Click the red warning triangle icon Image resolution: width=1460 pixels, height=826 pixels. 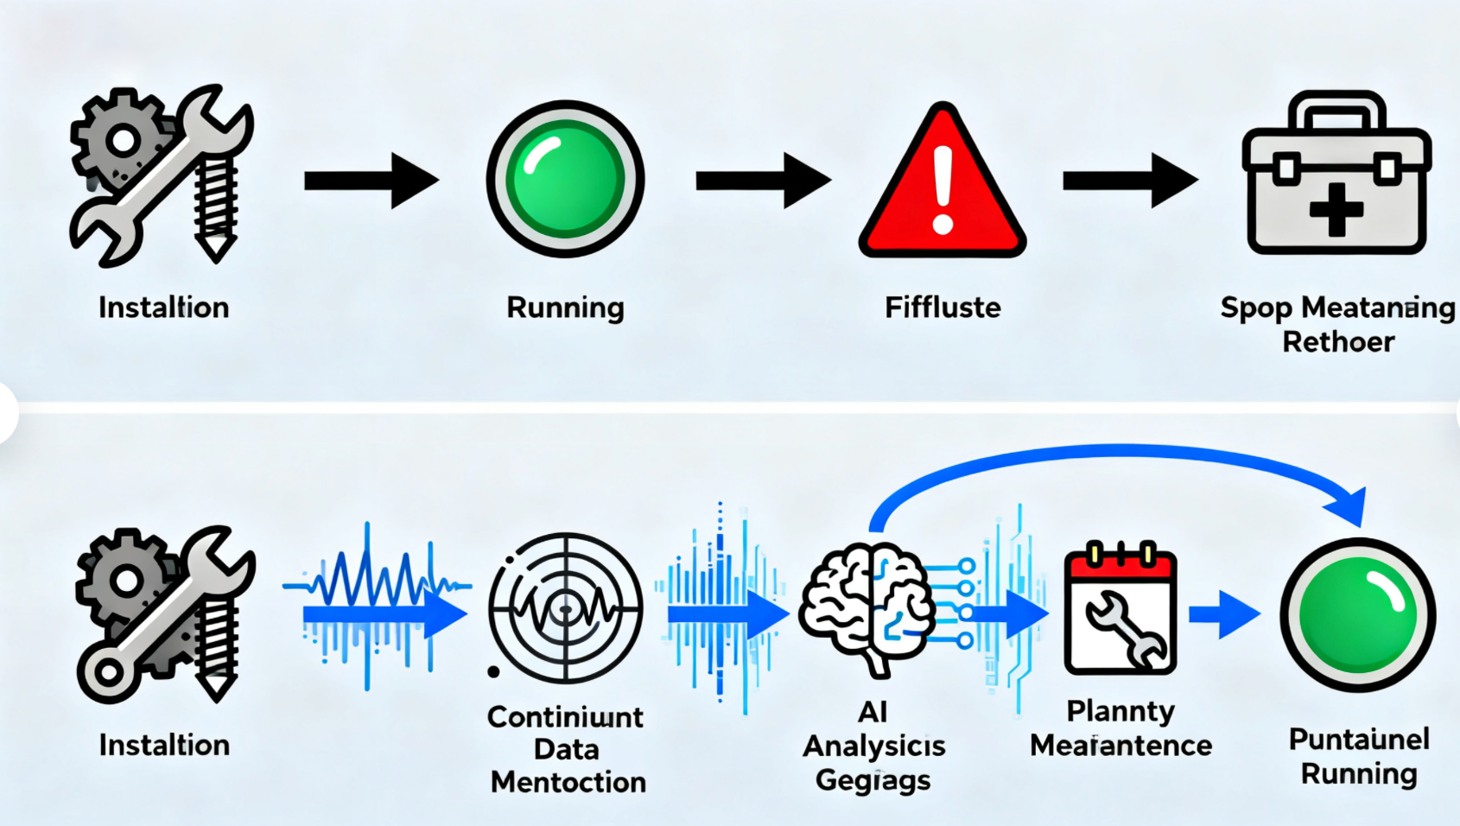click(x=943, y=186)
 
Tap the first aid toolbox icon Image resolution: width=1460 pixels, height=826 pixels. click(x=1336, y=177)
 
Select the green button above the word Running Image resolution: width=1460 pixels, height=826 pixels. click(x=565, y=179)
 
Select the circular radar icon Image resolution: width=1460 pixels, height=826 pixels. click(x=566, y=607)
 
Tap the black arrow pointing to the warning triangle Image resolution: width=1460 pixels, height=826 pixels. click(x=763, y=180)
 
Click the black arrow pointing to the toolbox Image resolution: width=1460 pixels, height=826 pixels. click(x=1130, y=180)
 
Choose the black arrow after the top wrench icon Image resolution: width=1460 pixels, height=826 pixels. click(x=371, y=180)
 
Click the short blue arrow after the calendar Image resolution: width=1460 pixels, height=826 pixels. click(x=1224, y=614)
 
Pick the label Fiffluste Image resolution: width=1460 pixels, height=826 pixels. click(x=943, y=308)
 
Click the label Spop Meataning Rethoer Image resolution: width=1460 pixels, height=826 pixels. click(x=1337, y=324)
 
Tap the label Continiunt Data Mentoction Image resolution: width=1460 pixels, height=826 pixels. click(x=567, y=749)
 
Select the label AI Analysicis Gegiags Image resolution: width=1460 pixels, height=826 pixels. click(x=873, y=746)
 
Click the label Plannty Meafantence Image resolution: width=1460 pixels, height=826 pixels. click(x=1120, y=728)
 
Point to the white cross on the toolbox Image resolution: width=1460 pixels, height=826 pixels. click(x=1336, y=209)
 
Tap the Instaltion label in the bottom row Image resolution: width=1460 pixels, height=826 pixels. click(x=164, y=745)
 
